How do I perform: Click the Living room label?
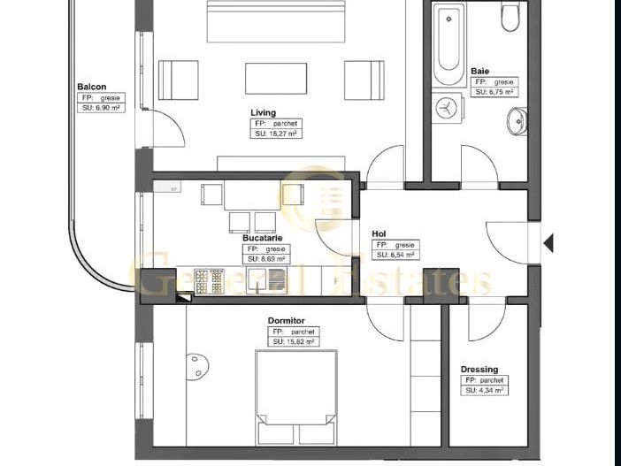263,112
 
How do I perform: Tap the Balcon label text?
92,87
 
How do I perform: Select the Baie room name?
479,71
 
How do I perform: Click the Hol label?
379,234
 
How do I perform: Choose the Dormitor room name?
286,320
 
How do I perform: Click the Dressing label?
479,370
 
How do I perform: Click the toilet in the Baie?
510,17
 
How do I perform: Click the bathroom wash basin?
517,120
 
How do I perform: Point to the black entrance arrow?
548,241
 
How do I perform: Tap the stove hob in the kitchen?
210,281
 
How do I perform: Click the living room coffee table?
276,78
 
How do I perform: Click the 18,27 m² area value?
275,134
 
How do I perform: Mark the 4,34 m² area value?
485,390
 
